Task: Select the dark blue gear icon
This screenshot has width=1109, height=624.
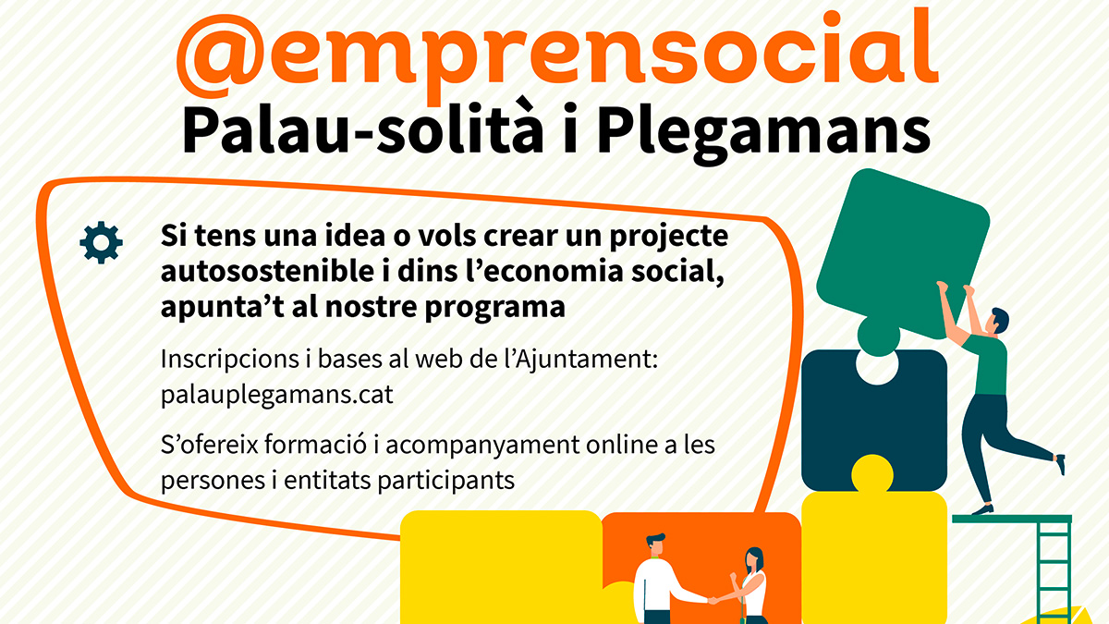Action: [101, 242]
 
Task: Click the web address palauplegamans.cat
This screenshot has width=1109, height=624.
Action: [276, 395]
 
